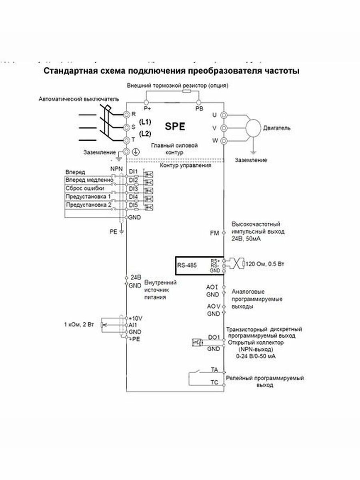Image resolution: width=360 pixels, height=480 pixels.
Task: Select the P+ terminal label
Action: [147, 108]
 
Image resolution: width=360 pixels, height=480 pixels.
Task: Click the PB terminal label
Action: [199, 108]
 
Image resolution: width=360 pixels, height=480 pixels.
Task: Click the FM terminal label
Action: [214, 233]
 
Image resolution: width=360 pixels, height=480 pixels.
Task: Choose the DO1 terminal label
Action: [214, 337]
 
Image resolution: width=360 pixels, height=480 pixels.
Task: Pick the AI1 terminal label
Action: [133, 325]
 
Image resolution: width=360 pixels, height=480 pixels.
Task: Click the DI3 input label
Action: [133, 188]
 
